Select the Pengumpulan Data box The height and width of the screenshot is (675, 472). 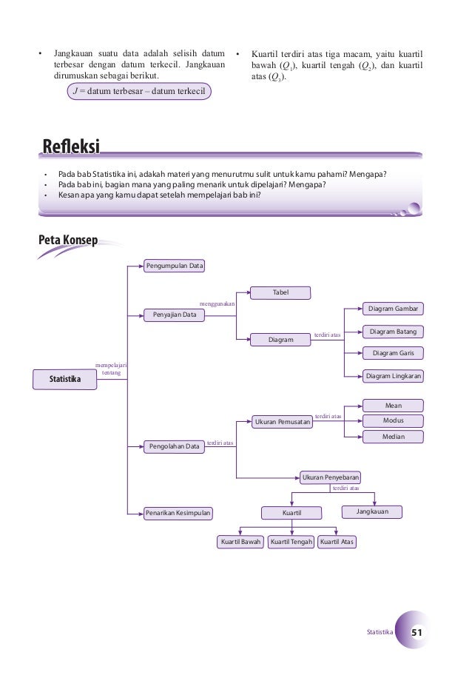click(175, 265)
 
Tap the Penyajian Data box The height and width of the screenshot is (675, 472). click(175, 315)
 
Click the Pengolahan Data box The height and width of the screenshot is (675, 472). click(175, 446)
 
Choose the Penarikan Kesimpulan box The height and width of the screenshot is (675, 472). click(178, 512)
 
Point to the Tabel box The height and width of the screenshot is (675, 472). click(280, 292)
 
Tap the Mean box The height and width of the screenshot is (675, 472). click(393, 406)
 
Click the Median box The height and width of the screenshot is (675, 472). click(393, 437)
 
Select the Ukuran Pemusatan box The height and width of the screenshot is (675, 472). click(282, 422)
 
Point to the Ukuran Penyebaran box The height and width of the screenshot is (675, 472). click(330, 477)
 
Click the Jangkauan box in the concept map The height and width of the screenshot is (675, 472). click(374, 511)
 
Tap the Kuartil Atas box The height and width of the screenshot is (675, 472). click(337, 543)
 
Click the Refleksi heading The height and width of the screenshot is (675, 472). click(71, 147)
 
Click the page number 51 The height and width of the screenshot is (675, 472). click(417, 633)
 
